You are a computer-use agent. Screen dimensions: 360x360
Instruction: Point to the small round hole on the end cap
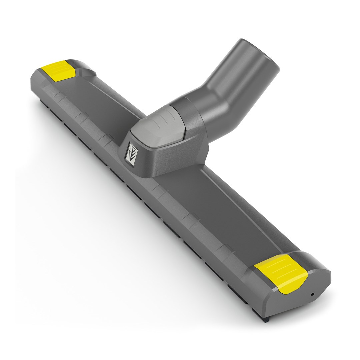coord(312,294)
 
